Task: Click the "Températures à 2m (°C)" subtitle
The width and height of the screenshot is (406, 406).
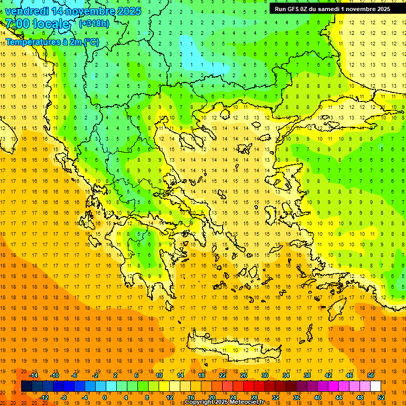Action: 52,41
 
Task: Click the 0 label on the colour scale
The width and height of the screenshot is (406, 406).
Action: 105,398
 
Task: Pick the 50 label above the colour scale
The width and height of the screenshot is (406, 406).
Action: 370,375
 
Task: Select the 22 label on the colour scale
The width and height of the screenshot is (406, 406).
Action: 223,375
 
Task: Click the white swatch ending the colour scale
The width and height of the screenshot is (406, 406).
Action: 375,386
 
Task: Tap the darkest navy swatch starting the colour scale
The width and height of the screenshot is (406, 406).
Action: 26,386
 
